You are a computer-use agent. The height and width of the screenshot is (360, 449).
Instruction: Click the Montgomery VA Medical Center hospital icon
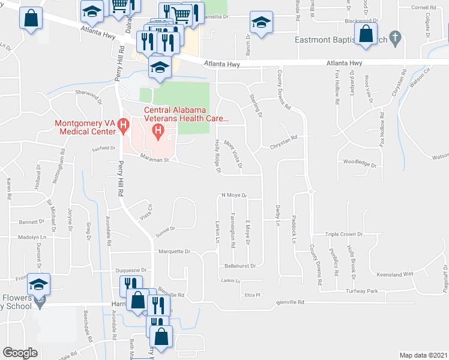124,126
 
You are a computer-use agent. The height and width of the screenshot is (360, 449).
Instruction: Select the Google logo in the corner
20,352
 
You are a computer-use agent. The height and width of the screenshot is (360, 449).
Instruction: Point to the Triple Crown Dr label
345,235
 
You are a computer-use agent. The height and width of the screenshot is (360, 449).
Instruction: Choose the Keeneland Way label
395,274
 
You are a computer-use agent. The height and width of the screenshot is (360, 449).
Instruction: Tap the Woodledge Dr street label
359,163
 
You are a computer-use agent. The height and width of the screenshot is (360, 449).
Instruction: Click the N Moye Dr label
234,196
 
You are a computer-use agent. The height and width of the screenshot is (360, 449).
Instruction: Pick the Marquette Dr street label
173,252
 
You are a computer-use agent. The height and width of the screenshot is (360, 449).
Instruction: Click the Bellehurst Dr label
240,265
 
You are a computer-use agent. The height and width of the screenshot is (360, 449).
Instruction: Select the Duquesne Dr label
131,270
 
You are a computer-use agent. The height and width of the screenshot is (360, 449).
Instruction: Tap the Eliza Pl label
252,295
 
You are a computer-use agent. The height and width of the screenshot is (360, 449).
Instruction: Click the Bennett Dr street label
28,222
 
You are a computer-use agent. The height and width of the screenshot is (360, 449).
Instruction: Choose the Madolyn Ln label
32,238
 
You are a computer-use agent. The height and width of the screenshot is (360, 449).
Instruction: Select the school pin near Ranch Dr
259,23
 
